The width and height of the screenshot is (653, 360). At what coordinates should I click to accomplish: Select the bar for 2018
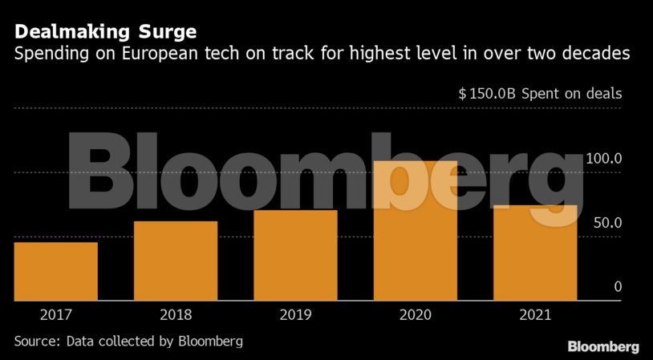176,261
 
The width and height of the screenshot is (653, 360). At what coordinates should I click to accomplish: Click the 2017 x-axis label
55,315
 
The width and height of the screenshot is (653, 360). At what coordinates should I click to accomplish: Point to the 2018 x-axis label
176,315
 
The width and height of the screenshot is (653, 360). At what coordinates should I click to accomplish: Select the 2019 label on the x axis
295,315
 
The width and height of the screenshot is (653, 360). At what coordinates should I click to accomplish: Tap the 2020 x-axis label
416,315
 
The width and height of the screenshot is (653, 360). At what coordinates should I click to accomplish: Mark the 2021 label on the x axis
535,315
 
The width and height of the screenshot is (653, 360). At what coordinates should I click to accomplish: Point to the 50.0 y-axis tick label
606,223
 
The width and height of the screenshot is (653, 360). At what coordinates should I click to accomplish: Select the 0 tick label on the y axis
618,287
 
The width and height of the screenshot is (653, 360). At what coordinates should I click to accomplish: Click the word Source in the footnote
36,342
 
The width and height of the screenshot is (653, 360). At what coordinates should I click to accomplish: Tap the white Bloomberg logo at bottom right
603,346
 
